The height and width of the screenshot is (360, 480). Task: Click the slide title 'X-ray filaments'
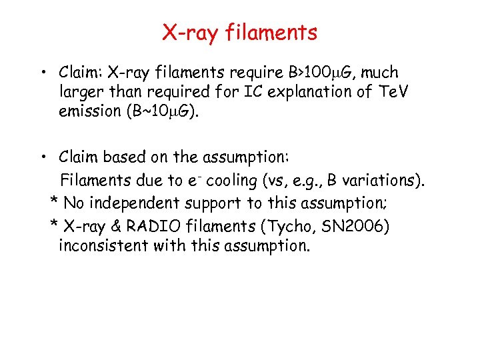(x=240, y=32)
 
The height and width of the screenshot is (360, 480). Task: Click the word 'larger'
(x=80, y=91)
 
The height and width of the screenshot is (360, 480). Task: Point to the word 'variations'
(x=389, y=181)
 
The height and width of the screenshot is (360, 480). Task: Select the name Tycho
(x=293, y=226)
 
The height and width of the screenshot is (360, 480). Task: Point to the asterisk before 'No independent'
(x=55, y=202)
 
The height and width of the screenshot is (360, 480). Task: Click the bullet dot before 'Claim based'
(x=41, y=157)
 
